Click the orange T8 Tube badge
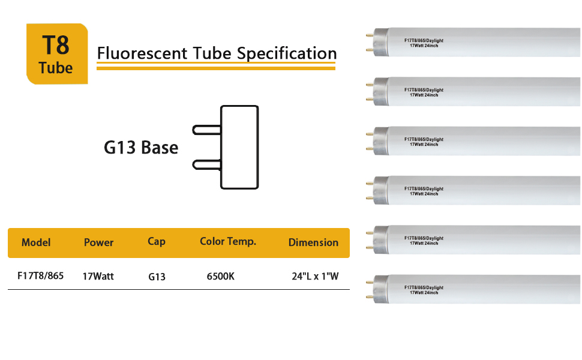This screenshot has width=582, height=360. [57, 54]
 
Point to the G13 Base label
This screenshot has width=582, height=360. [141, 147]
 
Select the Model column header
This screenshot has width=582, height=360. [36, 242]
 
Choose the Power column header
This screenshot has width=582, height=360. [98, 242]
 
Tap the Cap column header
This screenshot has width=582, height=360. [157, 241]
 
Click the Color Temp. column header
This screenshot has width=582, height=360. [228, 241]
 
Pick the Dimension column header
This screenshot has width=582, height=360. [313, 242]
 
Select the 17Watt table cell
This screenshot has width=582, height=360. [98, 277]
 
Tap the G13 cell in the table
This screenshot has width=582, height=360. [157, 277]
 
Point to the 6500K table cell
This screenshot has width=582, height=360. [220, 277]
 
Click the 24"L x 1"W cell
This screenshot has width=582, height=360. [315, 277]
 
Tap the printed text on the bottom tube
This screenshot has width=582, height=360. [424, 290]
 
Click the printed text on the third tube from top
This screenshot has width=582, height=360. [424, 142]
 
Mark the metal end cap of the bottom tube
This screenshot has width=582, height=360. [379, 290]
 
